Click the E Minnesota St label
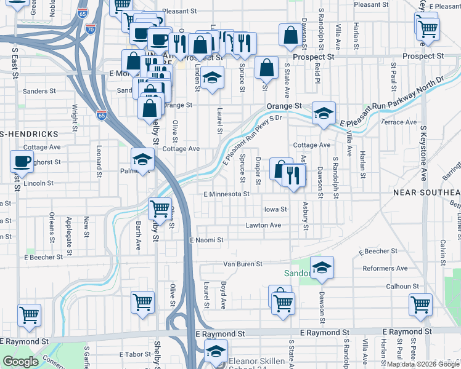(226, 194)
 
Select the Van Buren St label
(242, 264)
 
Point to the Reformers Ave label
(385, 268)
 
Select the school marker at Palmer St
(142, 160)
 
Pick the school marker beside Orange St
(323, 113)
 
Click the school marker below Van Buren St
(322, 268)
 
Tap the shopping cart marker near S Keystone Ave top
(427, 28)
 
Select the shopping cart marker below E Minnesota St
(160, 209)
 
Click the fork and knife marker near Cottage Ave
(294, 175)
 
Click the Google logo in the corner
(21, 362)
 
